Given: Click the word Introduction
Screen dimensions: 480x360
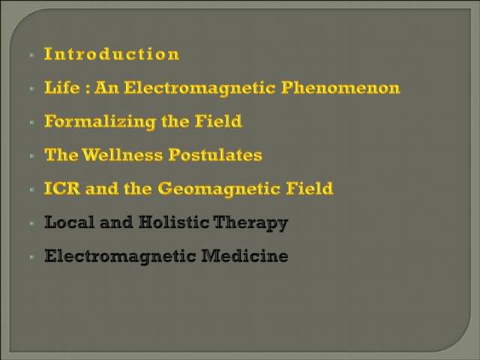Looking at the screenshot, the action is point(112,54).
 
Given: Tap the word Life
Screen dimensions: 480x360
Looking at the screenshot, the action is point(62,88).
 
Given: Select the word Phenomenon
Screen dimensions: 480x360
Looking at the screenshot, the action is point(340,88).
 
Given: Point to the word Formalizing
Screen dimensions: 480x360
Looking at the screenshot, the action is point(100,121).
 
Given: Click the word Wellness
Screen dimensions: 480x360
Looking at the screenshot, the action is point(122,154).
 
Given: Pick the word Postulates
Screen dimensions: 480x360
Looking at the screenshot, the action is point(215,155).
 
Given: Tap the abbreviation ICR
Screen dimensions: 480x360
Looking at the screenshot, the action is point(62,188).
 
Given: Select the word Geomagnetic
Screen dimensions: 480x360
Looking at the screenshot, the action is point(220,189).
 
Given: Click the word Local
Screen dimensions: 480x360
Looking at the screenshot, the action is point(69,222).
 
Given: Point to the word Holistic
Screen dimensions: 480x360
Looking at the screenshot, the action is point(174,222).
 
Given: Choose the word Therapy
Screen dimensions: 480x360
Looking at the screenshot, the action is point(250,223).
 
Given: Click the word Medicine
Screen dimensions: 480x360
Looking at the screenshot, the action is point(244,256).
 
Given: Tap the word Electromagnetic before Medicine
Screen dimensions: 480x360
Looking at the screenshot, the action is point(120,256).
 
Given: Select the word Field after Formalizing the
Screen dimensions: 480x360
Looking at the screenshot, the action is point(218,121).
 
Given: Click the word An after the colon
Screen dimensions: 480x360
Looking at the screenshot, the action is point(106,88).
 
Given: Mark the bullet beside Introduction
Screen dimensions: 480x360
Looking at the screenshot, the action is point(31,55).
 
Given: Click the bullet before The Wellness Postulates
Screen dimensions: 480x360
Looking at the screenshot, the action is point(31,156).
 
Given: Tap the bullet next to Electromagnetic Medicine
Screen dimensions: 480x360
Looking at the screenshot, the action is point(31,256).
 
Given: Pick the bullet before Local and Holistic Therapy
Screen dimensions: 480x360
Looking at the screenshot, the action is point(31,223).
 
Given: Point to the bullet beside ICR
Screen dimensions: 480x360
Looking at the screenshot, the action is point(31,190).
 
